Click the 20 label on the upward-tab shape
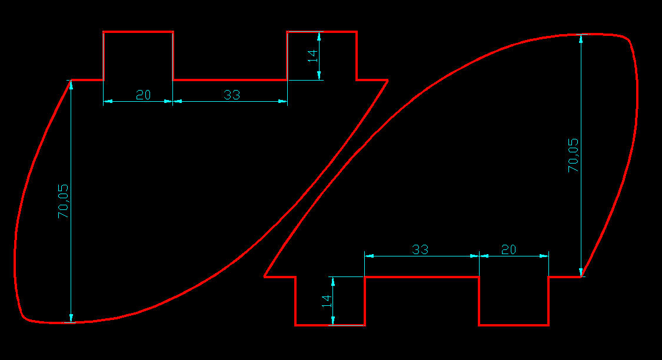point(143,94)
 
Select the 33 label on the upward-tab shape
point(232,94)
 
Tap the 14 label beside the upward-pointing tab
point(312,56)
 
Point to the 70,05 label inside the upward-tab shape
point(63,201)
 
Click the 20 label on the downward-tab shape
point(508,249)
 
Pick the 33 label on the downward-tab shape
point(420,249)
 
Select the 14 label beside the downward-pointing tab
point(327,301)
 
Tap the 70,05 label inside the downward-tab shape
point(573,155)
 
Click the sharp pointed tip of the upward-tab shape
point(387,80)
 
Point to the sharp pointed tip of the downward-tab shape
point(264,276)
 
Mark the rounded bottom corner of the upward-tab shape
point(25,318)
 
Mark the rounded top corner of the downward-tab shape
point(628,39)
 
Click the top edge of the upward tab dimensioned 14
point(321,32)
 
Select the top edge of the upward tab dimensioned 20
point(138,32)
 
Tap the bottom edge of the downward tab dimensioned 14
point(330,325)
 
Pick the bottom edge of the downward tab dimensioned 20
point(514,325)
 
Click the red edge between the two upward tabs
point(229,79)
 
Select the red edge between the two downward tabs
point(422,276)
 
